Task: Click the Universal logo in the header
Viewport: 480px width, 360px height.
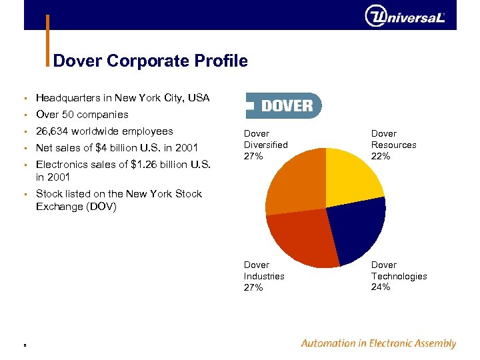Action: pyautogui.click(x=404, y=16)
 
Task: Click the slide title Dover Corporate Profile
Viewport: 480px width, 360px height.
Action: pyautogui.click(x=150, y=61)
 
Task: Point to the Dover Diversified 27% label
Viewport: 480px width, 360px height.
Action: pyautogui.click(x=265, y=145)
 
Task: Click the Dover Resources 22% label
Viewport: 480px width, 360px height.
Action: pyautogui.click(x=393, y=145)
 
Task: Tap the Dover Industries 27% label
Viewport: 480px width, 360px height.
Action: pyautogui.click(x=264, y=276)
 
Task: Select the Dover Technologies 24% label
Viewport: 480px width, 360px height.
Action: pyautogui.click(x=399, y=276)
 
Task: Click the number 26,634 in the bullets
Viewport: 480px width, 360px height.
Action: pyautogui.click(x=52, y=131)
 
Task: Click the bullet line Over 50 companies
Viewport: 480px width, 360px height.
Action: pyautogui.click(x=82, y=115)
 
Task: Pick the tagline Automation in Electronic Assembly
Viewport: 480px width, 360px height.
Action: pyautogui.click(x=378, y=344)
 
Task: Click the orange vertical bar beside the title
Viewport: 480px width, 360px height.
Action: pyautogui.click(x=48, y=40)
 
